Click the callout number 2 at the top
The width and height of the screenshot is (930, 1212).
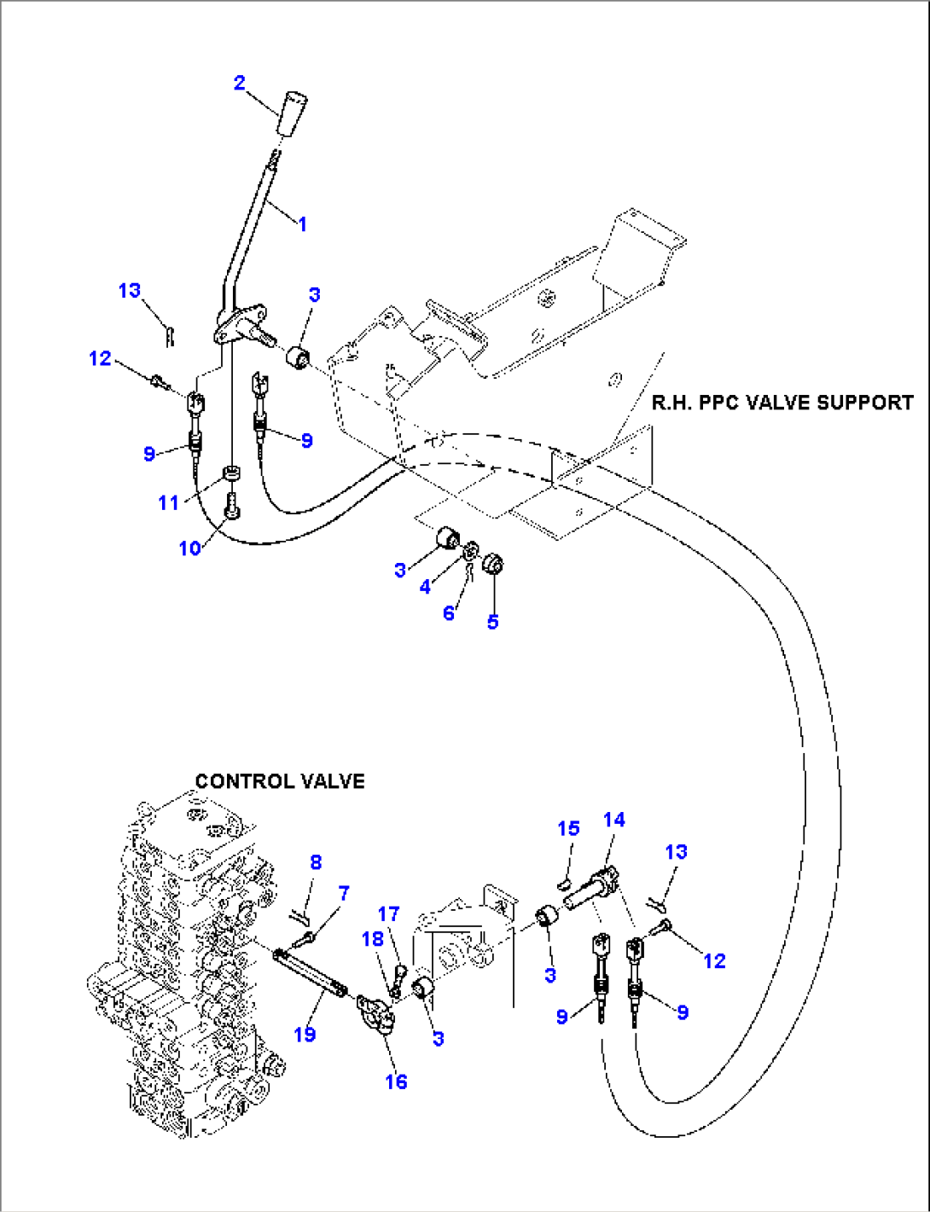239,83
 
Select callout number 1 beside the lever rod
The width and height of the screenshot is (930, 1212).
301,223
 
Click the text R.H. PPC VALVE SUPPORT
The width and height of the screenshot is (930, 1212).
782,403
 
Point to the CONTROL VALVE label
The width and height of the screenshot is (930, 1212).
280,781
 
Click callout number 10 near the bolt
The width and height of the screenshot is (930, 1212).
189,548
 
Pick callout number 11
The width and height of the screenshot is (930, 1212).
169,503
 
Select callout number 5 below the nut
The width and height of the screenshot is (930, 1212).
492,622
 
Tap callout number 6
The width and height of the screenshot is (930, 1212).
449,613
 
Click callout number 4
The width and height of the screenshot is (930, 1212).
425,588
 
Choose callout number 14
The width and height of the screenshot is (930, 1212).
613,820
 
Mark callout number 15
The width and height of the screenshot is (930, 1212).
568,828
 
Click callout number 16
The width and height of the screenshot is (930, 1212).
396,1082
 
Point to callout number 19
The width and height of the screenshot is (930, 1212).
305,1035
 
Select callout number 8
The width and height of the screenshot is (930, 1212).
316,862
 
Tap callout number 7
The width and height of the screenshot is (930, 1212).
344,893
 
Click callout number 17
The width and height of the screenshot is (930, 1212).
388,913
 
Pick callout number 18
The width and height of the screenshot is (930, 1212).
373,939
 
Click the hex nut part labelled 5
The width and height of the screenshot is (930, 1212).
492,565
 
